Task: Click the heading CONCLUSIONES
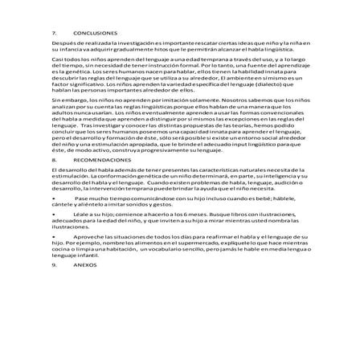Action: point(96,33)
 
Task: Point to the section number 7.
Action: point(53,33)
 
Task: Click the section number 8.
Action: point(53,183)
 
